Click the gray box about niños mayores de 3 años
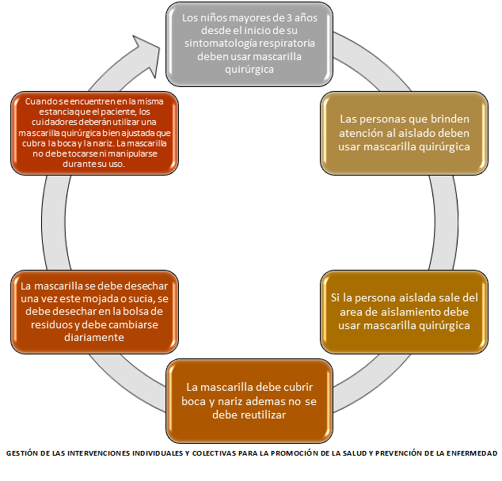pyautogui.click(x=249, y=44)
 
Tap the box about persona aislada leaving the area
pyautogui.click(x=404, y=311)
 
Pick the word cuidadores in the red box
pyautogui.click(x=47, y=123)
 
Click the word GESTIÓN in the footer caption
pyautogui.click(x=25, y=453)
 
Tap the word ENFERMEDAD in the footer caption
pyautogui.click(x=470, y=453)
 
